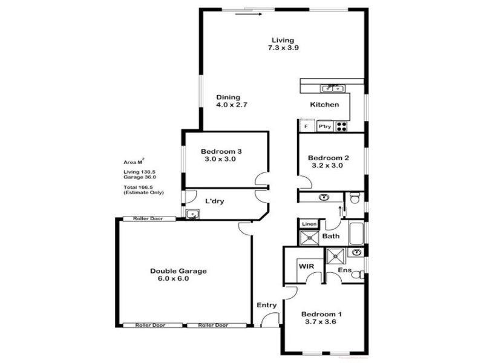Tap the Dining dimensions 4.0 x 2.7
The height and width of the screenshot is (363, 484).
pos(232,105)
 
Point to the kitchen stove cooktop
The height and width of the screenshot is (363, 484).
pos(341,126)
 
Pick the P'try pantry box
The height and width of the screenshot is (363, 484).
pos(324,127)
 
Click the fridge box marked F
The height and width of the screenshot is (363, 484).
pos(306,127)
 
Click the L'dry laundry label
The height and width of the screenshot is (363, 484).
pos(215,201)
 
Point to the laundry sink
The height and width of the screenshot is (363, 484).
pos(192,213)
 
